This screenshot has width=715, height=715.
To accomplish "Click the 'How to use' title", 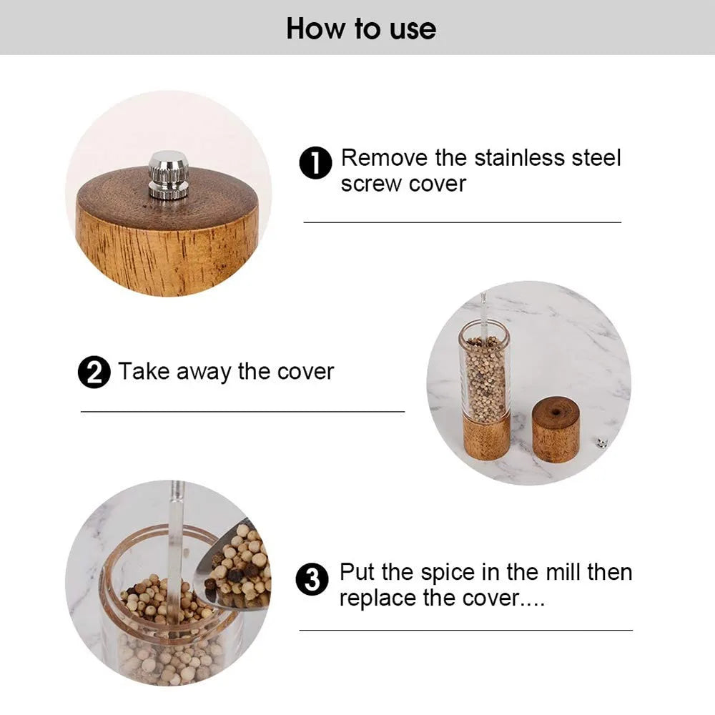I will [x=361, y=29].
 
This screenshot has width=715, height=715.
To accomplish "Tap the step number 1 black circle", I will [x=315, y=164].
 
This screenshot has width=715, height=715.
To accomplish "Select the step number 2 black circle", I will [x=94, y=373].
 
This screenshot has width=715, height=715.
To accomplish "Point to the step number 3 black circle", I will [x=312, y=578].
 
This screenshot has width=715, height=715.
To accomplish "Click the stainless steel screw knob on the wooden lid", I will [x=169, y=174].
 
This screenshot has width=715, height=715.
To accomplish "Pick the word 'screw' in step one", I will [x=371, y=184].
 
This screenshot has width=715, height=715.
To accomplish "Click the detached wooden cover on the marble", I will [x=556, y=430].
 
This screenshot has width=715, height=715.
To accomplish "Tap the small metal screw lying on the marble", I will [x=602, y=443].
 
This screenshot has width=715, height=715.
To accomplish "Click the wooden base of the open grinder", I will [x=486, y=435].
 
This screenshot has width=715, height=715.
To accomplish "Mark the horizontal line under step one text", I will [x=463, y=222].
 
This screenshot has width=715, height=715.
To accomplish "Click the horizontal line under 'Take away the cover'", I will [x=242, y=412].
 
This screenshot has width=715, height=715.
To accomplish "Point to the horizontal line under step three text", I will [x=465, y=630].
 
